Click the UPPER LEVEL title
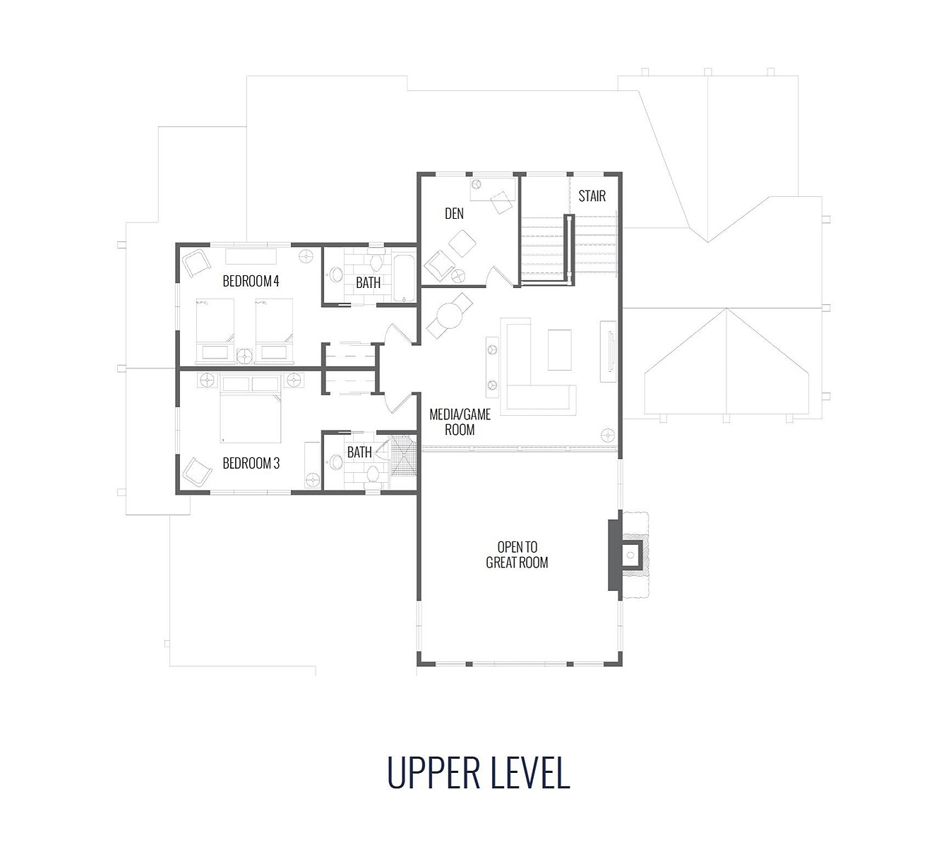point(478,773)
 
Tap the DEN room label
point(454,214)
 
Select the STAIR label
point(592,196)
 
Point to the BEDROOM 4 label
point(251,281)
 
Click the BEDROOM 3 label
point(251,463)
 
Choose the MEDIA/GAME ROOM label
point(460,422)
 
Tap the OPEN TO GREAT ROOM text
point(517,555)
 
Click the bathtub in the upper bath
point(404,278)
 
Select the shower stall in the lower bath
point(403,456)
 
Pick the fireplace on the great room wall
point(628,555)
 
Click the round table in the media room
point(449,316)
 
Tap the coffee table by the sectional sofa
point(560,349)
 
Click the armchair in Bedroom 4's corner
point(196,263)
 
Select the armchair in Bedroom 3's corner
point(196,472)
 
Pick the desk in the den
point(492,188)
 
